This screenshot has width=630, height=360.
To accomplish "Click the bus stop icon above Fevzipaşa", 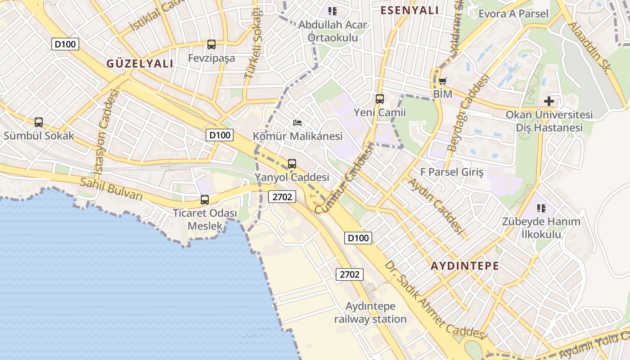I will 211,45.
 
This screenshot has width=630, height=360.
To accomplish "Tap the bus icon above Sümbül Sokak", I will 39,122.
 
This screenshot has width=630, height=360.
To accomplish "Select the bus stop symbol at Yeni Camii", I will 380,99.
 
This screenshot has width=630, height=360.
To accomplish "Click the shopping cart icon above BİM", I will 443,81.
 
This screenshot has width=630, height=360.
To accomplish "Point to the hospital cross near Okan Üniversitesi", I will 549,101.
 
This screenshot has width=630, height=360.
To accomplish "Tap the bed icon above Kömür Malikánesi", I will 297,122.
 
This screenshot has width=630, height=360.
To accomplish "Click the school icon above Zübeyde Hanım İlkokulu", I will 541,208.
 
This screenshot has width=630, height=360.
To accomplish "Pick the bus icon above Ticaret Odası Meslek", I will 205,199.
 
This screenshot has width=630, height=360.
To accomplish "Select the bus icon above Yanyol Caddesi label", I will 292,164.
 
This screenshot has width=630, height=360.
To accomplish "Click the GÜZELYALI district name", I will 140,63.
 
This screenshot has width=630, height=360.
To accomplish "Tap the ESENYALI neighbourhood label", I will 409,10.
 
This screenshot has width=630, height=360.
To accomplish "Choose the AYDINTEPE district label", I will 465,265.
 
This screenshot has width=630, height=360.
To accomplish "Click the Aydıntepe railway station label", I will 370,313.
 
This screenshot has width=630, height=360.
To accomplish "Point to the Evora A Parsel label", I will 513,13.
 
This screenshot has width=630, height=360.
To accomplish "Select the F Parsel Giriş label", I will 452,172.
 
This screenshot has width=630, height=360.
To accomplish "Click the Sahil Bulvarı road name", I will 111,189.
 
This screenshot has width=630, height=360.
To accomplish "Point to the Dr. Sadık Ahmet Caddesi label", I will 436,300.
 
